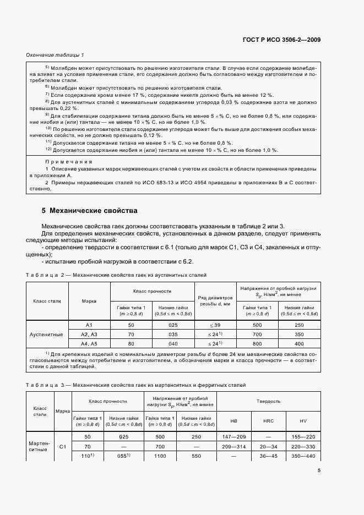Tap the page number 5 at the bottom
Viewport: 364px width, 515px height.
[319, 470]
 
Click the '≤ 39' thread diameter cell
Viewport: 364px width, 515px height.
[215, 325]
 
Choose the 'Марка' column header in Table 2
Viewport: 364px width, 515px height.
[89, 301]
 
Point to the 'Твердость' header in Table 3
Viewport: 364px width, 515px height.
[269, 402]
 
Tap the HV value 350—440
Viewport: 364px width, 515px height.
[303, 456]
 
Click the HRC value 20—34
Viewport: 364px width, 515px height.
[266, 446]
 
